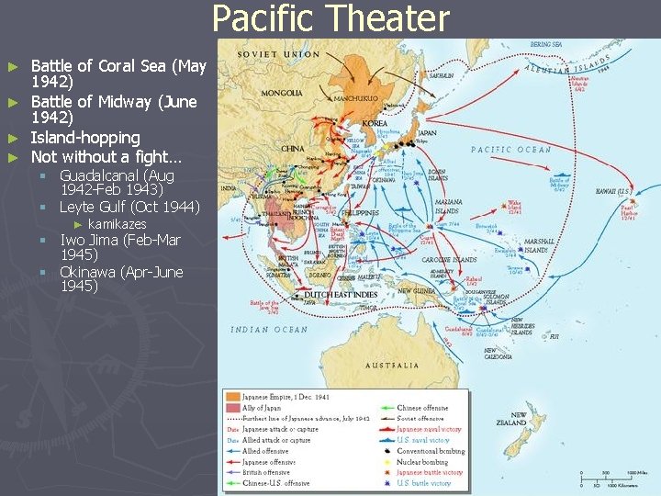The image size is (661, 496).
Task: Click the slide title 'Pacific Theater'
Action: click(x=330, y=18)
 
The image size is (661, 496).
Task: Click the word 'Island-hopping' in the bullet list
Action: click(x=85, y=138)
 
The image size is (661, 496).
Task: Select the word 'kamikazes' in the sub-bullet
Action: click(x=117, y=224)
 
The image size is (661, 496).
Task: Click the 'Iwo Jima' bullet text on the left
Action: click(x=92, y=241)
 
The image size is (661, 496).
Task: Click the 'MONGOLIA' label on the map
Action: click(x=281, y=93)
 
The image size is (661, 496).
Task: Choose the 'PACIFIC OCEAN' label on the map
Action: click(x=511, y=149)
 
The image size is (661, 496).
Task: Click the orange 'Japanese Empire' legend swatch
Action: click(x=232, y=397)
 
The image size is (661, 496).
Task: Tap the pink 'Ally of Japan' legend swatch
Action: click(x=232, y=408)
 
